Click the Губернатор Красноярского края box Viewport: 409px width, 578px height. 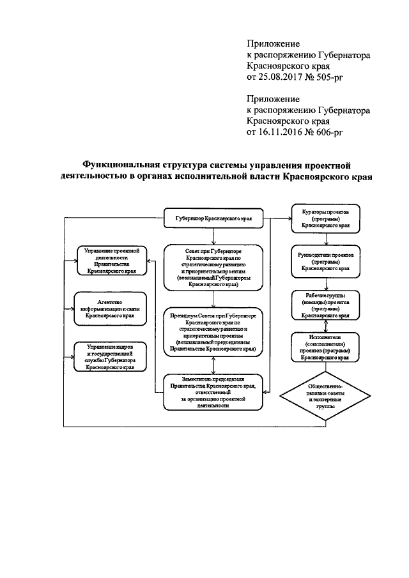(x=213, y=218)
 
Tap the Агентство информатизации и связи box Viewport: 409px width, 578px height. (x=112, y=306)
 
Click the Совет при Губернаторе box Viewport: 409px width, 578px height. (x=213, y=269)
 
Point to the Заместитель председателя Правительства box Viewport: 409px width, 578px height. (x=213, y=392)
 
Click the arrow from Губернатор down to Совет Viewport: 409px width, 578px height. (x=213, y=235)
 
